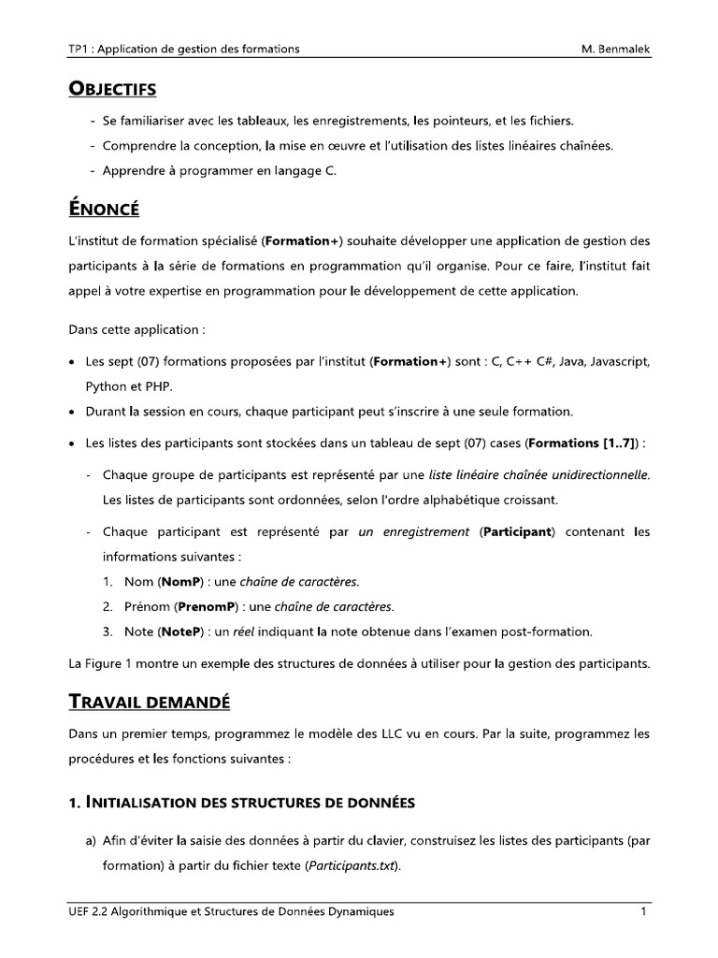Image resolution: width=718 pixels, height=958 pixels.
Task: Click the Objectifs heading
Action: [112, 90]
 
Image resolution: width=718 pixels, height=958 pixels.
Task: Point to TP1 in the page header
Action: [80, 49]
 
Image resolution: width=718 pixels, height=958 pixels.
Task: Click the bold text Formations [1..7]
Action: [577, 443]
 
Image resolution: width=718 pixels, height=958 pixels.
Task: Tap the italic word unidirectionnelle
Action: [595, 474]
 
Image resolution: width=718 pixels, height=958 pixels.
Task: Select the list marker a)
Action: [93, 841]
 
